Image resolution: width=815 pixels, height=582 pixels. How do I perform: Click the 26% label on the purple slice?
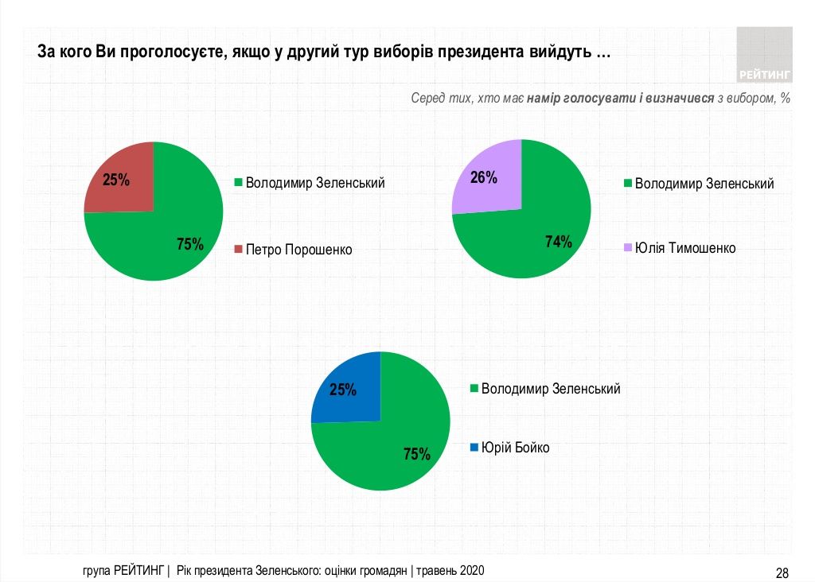(x=484, y=177)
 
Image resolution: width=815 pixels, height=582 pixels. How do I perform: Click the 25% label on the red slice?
(x=116, y=180)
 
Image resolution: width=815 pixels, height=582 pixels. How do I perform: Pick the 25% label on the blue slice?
(x=343, y=390)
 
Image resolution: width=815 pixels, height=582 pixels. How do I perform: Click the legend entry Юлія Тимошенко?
(x=684, y=248)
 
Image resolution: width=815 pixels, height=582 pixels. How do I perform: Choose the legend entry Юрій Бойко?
(x=515, y=448)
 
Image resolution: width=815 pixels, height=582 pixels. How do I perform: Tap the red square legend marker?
(x=238, y=250)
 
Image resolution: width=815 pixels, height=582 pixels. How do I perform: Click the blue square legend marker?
(x=474, y=448)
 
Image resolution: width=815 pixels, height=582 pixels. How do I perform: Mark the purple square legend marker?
(x=627, y=248)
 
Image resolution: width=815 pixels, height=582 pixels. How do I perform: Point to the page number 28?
(x=782, y=572)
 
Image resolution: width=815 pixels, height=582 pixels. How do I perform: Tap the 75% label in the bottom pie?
(x=417, y=454)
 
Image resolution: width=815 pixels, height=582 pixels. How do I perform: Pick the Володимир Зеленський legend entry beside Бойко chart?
(x=551, y=389)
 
